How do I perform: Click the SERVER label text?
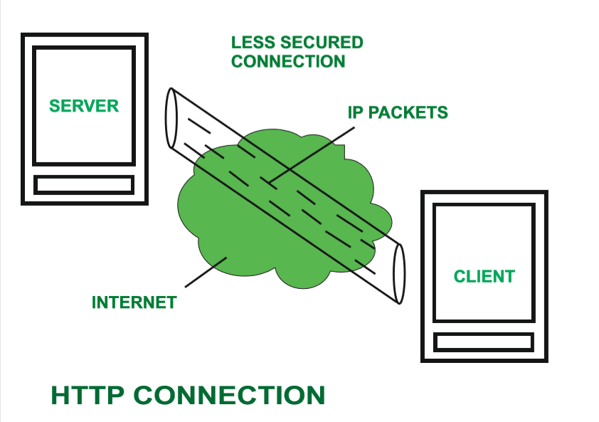click(84, 106)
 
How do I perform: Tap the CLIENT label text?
click(484, 276)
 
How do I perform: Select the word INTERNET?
click(134, 302)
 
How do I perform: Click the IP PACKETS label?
click(398, 112)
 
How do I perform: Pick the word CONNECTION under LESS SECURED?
click(288, 62)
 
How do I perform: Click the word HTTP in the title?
click(87, 396)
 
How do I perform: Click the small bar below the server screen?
click(84, 184)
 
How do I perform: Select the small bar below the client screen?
click(484, 342)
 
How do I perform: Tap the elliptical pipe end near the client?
click(398, 273)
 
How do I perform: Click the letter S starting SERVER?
click(54, 106)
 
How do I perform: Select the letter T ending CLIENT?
click(509, 276)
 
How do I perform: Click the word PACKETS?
click(407, 112)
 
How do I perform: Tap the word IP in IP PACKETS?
click(354, 112)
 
